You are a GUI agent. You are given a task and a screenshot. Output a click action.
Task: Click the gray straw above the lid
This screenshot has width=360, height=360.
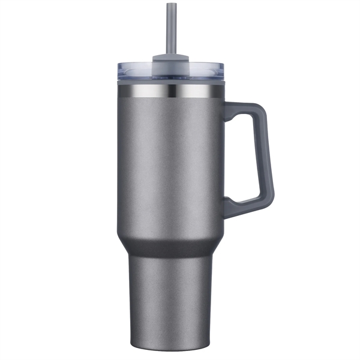coord(166,30)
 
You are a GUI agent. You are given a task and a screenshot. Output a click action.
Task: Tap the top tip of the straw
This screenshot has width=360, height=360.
coord(166,4)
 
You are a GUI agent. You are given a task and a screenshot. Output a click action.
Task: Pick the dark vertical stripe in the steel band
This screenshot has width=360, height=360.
coord(172,91)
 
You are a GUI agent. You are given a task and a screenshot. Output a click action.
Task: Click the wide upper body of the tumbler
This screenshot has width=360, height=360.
coord(168,162)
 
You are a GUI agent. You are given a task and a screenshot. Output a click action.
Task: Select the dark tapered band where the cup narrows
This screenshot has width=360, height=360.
coord(168,243)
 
